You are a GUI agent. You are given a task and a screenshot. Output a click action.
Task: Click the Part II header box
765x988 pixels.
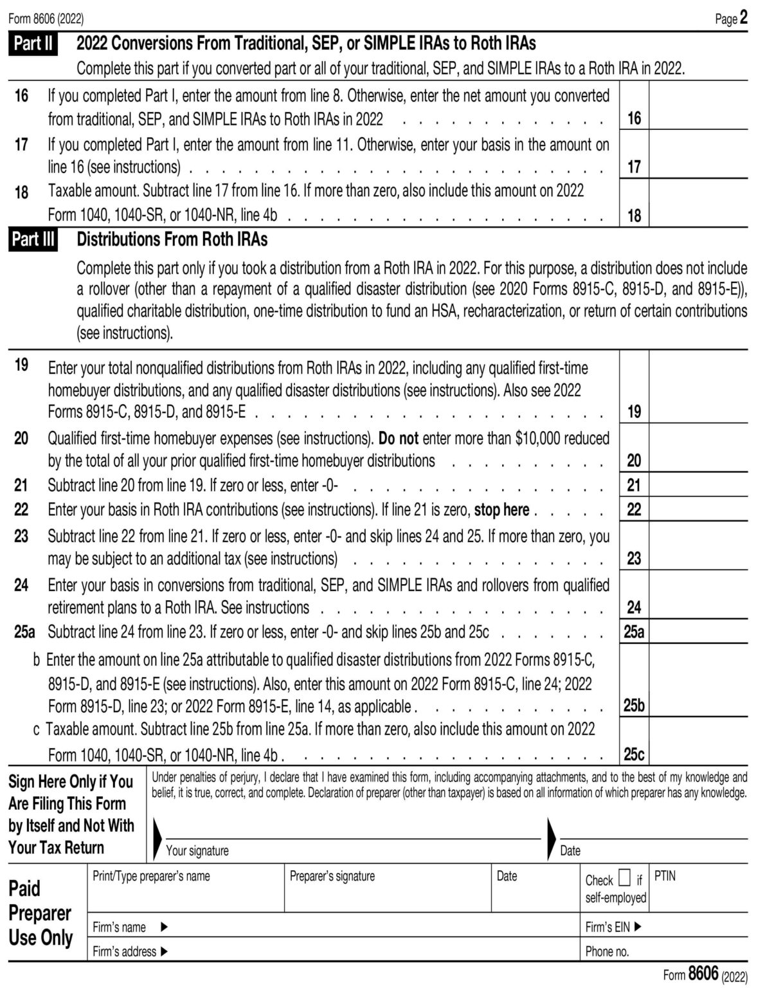[x=33, y=44]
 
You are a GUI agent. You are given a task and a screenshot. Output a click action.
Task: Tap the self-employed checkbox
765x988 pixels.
[x=624, y=878]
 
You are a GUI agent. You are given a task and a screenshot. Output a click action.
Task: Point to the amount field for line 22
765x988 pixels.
[x=698, y=509]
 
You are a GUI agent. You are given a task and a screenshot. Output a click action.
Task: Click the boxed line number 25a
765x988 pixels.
[x=634, y=632]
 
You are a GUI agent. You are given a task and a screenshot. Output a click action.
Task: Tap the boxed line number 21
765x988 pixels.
[x=634, y=485]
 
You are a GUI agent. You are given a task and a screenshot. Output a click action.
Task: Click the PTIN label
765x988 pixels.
[x=665, y=876]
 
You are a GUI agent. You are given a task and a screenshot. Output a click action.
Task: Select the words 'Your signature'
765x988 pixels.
[x=197, y=850]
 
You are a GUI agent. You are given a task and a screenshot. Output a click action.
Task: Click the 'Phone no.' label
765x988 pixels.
[x=607, y=951]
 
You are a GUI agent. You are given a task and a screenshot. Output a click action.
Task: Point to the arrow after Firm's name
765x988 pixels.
[x=164, y=927]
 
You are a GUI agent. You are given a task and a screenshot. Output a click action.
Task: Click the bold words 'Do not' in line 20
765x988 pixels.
[x=398, y=439]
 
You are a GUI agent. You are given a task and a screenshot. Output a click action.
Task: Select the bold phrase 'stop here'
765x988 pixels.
[x=501, y=510]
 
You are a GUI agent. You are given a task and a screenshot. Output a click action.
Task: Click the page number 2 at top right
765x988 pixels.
[x=743, y=17]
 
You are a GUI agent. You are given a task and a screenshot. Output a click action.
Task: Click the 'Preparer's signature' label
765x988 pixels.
[x=332, y=876]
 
